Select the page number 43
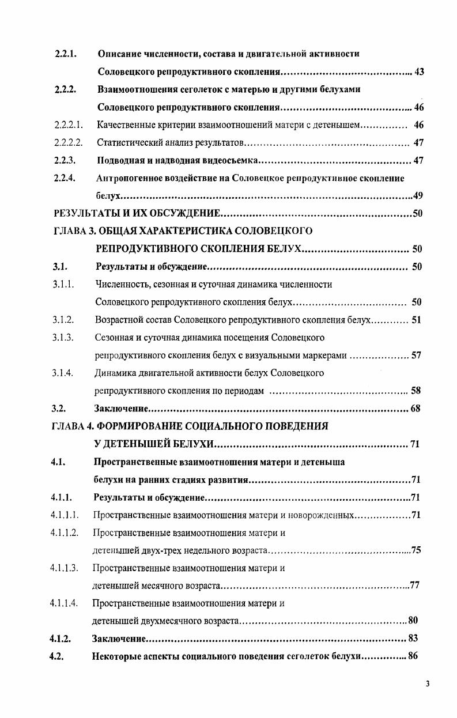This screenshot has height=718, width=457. point(419,72)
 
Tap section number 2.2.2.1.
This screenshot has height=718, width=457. point(69,125)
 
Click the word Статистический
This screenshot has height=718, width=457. point(128,143)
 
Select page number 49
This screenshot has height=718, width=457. point(418,196)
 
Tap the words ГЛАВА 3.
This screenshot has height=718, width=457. point(74,232)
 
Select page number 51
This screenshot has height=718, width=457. point(416,320)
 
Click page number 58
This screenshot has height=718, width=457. point(416,391)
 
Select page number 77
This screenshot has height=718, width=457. point(414,586)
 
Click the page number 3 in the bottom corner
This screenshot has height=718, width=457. point(428,684)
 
